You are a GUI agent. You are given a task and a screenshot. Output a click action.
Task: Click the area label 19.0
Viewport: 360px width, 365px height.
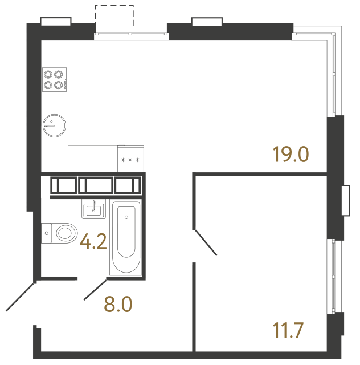[291, 154]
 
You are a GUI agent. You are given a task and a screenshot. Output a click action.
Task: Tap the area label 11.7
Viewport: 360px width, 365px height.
[288, 331]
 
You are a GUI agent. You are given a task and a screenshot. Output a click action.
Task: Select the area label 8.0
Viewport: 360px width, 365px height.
[118, 305]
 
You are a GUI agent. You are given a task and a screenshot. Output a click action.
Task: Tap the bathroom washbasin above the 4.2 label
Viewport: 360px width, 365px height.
[93, 209]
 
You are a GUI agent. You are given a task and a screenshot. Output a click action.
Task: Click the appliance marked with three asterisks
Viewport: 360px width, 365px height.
[130, 159]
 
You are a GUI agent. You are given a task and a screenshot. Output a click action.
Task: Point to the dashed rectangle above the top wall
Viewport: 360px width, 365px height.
[114, 15]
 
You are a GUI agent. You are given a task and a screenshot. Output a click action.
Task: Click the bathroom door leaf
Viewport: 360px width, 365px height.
[96, 289]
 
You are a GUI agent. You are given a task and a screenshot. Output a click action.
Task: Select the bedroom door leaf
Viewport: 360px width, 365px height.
[206, 243]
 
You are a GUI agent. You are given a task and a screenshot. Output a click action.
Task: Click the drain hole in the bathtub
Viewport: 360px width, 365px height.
[126, 216]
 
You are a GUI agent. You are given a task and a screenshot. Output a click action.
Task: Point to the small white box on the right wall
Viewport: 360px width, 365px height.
[345, 200]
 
